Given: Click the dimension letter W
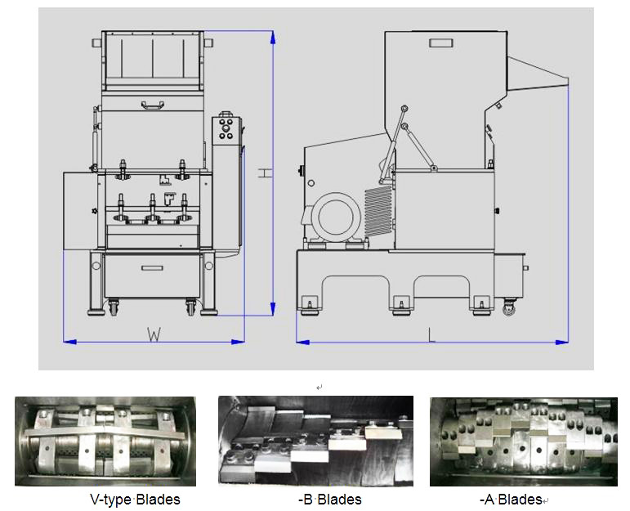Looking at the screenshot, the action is pyautogui.click(x=154, y=334).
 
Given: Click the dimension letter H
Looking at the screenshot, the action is pyautogui.click(x=265, y=173).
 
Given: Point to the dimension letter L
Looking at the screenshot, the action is pyautogui.click(x=431, y=335).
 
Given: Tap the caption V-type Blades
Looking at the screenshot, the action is pyautogui.click(x=135, y=500).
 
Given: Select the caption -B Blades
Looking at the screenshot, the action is pyautogui.click(x=330, y=500).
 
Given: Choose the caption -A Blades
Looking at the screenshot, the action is pyautogui.click(x=511, y=500).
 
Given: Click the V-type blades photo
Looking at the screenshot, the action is pyautogui.click(x=105, y=441).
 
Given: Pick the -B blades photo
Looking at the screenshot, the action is pyautogui.click(x=315, y=441).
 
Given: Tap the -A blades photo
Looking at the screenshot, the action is pyautogui.click(x=524, y=442).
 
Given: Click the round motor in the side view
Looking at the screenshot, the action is pyautogui.click(x=336, y=217).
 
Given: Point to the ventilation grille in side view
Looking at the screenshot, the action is pyautogui.click(x=378, y=211).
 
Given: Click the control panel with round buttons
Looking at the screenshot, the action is pyautogui.click(x=226, y=130).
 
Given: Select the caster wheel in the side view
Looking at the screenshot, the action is pyautogui.click(x=509, y=308).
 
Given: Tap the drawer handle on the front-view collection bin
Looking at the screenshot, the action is pyautogui.click(x=152, y=267).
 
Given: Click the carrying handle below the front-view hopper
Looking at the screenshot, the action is pyautogui.click(x=152, y=105).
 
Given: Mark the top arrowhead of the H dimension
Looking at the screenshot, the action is pyautogui.click(x=273, y=38).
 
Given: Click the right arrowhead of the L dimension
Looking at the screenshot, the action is pyautogui.click(x=561, y=342).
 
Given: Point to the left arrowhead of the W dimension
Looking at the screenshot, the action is pyautogui.click(x=70, y=342).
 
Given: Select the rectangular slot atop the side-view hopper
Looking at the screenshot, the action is pyautogui.click(x=440, y=43).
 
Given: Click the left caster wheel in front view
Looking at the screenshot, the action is pyautogui.click(x=114, y=307).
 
